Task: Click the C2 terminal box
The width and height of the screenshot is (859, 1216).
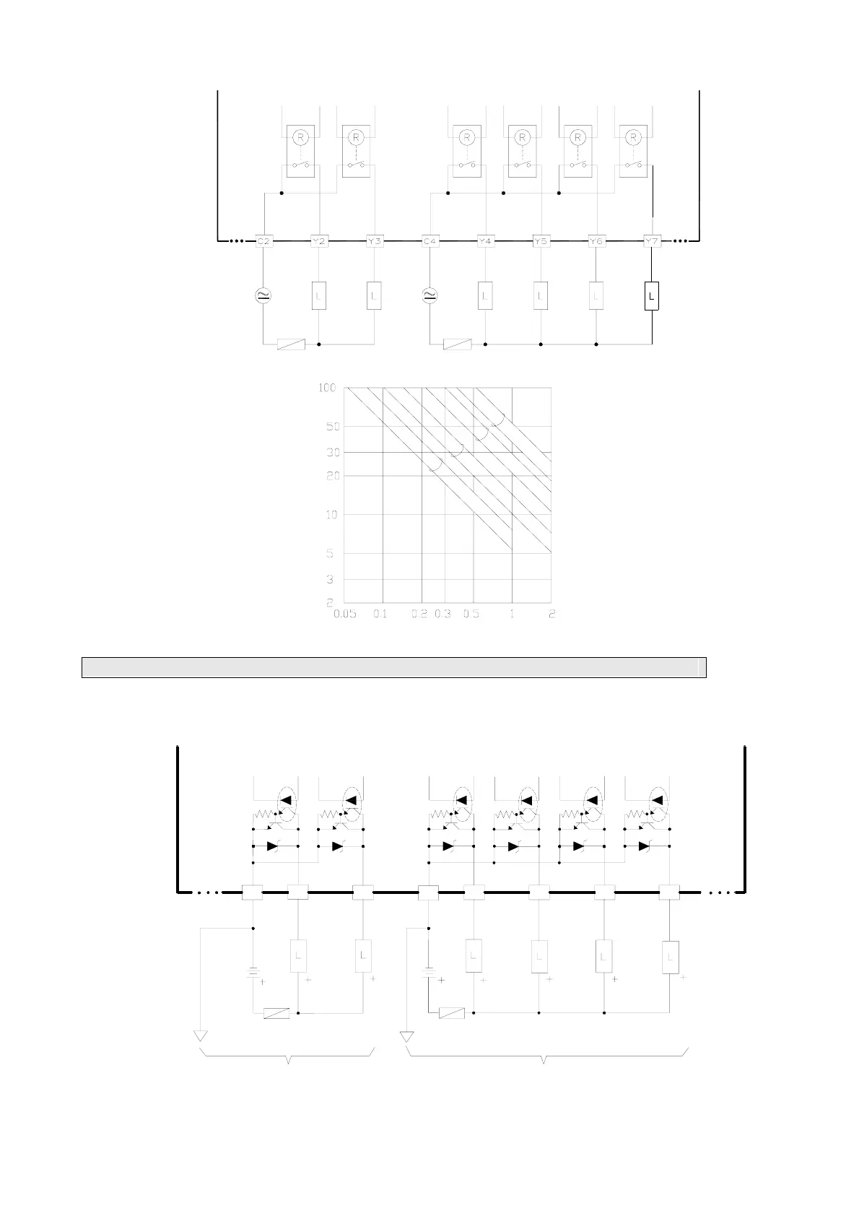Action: pyautogui.click(x=263, y=240)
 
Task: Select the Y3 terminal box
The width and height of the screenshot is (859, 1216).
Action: pyautogui.click(x=374, y=240)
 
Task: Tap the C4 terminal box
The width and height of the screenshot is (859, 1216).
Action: pyautogui.click(x=430, y=240)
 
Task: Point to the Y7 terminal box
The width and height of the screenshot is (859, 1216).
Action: pyautogui.click(x=652, y=240)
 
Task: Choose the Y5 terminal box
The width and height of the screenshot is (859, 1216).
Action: pyautogui.click(x=541, y=240)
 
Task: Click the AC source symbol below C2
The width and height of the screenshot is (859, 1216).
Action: pyautogui.click(x=263, y=295)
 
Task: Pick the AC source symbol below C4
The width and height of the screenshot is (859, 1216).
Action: pyautogui.click(x=430, y=295)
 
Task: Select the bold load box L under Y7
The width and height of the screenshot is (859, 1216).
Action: pyautogui.click(x=652, y=296)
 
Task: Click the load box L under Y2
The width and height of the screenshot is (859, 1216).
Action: pyautogui.click(x=319, y=295)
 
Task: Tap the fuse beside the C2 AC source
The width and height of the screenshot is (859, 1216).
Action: pyautogui.click(x=291, y=344)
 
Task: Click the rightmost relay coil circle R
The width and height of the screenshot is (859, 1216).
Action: pyautogui.click(x=633, y=136)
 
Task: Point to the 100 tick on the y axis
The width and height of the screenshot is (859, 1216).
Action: pyautogui.click(x=327, y=388)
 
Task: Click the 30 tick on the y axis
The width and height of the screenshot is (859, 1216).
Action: pyautogui.click(x=331, y=452)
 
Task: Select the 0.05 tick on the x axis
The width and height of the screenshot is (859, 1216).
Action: pyautogui.click(x=345, y=614)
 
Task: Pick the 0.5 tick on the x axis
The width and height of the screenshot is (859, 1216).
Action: pyautogui.click(x=471, y=614)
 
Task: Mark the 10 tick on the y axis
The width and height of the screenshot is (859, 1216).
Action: pyautogui.click(x=331, y=515)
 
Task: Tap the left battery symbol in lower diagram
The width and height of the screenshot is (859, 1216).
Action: pyautogui.click(x=253, y=972)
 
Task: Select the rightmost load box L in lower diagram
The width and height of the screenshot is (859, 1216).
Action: pyautogui.click(x=670, y=957)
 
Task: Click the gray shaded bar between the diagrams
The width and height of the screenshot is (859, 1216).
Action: pyautogui.click(x=393, y=667)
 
